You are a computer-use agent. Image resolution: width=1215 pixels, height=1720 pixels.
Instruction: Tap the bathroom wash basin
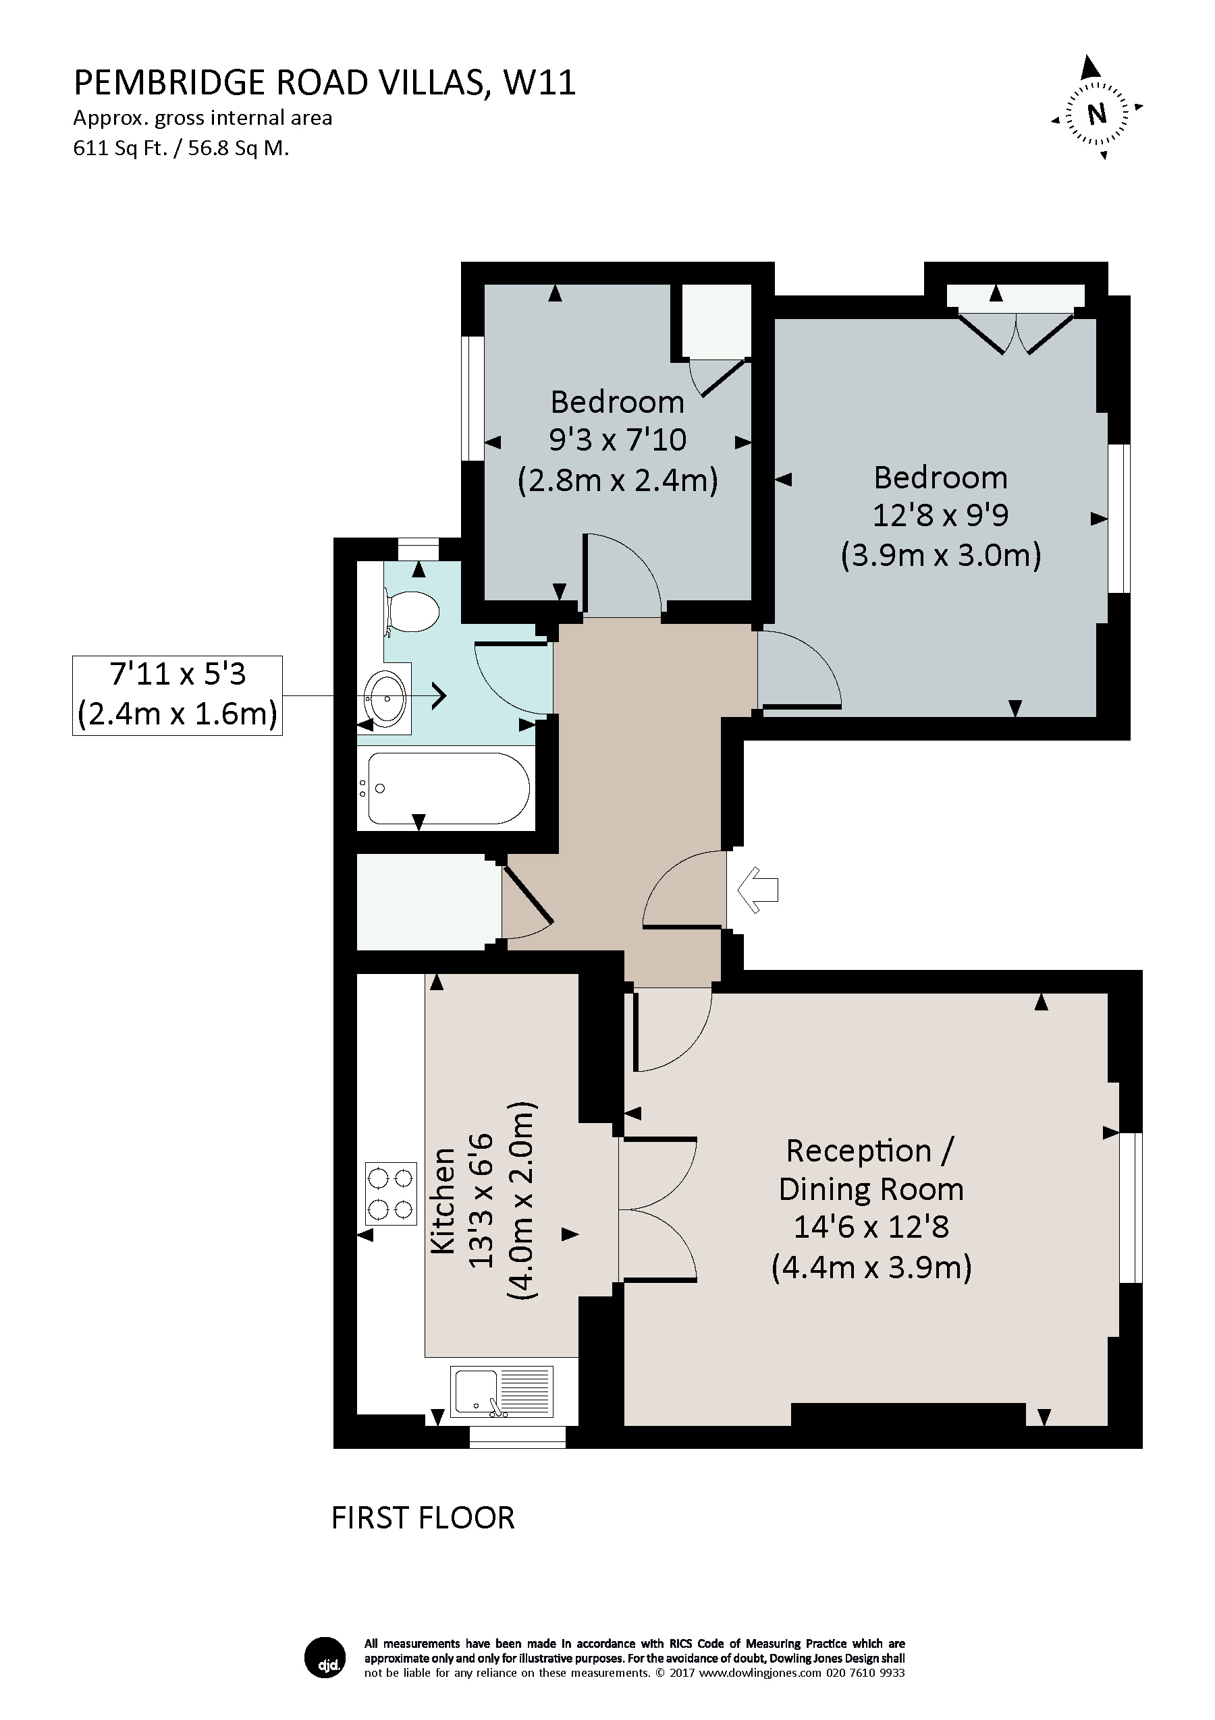(x=385, y=698)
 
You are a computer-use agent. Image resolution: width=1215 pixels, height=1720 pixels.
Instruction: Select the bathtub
(x=448, y=789)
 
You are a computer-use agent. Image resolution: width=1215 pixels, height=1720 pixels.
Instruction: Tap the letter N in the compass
(x=1097, y=114)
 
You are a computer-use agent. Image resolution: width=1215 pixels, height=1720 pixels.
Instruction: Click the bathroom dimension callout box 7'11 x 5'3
(x=177, y=695)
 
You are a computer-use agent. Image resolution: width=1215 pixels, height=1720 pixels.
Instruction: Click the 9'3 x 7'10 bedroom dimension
(x=617, y=440)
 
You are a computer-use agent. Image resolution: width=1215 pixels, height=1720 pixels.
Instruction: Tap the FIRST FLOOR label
(x=423, y=1518)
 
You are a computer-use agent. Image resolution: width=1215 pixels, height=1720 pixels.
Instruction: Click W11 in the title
(x=539, y=83)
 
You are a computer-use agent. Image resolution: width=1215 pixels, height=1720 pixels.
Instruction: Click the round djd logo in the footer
(x=325, y=1657)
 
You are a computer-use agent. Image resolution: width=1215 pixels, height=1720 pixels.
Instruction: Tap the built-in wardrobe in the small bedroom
(x=715, y=320)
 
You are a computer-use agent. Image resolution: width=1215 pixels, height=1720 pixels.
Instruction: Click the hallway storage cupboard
(x=428, y=902)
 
